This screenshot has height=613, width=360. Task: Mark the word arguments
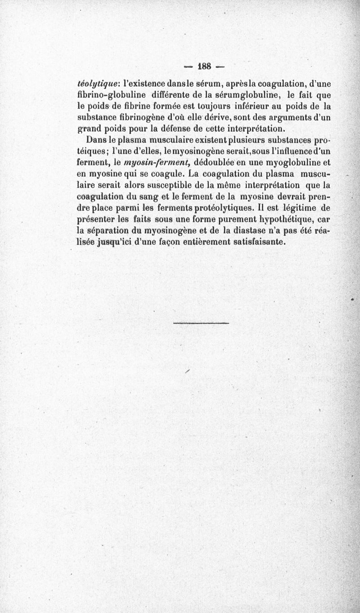(x=289, y=117)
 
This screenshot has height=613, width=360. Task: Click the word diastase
(x=248, y=230)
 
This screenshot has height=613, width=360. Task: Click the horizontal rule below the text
(x=201, y=323)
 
